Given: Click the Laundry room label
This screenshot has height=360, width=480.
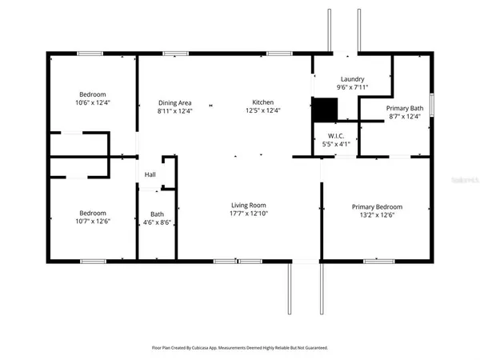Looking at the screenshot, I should [x=352, y=79].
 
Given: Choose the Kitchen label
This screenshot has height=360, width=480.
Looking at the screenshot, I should [x=264, y=102].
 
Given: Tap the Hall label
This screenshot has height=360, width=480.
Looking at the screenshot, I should [x=150, y=175].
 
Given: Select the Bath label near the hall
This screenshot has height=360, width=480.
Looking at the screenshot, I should [x=158, y=214].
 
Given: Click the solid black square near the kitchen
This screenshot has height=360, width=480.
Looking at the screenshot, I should [x=324, y=110].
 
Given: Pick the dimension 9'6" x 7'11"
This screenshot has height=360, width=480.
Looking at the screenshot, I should [x=352, y=88].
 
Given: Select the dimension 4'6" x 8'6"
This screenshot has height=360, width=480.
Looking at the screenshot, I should [x=158, y=222].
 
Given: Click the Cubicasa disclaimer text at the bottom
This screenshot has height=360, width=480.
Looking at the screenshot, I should [x=239, y=348].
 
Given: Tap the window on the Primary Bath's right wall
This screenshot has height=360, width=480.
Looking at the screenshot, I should [x=431, y=104].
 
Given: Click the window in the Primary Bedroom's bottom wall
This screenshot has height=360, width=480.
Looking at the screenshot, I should [x=375, y=261].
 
